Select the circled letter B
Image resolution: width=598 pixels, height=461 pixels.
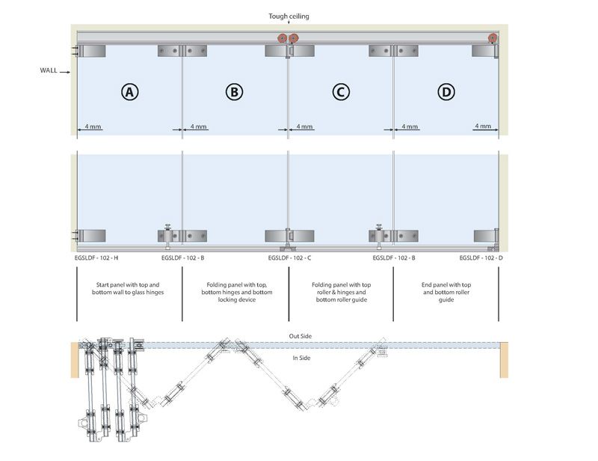click(235, 91)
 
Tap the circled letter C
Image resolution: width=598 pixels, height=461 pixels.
click(341, 91)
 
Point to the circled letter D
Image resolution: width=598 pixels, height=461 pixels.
click(446, 91)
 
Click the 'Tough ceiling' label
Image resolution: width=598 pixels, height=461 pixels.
click(290, 15)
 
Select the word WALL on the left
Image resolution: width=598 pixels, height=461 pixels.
click(50, 72)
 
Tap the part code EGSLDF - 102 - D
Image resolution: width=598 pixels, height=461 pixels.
click(481, 257)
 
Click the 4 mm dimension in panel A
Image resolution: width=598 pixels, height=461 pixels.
click(93, 127)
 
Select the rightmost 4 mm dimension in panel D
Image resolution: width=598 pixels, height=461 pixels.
click(483, 127)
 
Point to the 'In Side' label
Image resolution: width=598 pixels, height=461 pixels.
click(300, 358)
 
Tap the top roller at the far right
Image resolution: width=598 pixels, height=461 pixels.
click(493, 40)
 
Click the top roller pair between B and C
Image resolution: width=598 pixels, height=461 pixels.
click(288, 40)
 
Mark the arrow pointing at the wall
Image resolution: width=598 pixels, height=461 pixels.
click(67, 72)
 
